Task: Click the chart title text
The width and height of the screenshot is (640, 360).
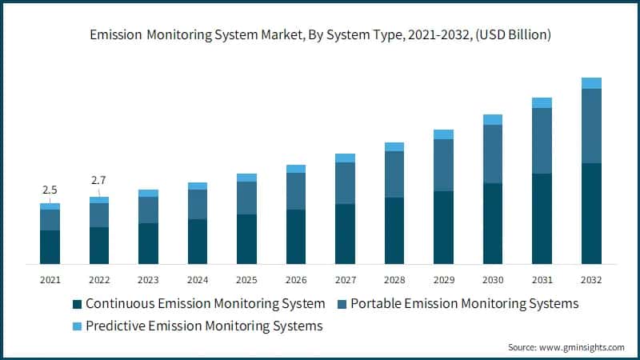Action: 320,35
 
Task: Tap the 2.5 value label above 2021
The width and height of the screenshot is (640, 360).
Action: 50,190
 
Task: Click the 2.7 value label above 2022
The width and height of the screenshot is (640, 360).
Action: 98,180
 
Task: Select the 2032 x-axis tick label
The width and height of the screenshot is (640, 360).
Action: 591,280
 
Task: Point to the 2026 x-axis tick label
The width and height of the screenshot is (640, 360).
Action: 296,280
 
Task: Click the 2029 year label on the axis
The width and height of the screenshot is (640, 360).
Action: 443,280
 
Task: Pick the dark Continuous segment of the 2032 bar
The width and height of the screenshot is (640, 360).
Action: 591,214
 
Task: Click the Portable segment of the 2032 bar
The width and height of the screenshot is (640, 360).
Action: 591,126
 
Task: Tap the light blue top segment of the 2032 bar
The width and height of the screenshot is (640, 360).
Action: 591,83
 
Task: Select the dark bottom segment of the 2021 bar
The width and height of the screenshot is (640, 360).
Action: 50,247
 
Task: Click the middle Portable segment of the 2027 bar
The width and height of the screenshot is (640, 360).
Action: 345,183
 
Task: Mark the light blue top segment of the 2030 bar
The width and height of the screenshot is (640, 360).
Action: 493,120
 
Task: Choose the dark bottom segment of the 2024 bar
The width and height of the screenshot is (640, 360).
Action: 198,242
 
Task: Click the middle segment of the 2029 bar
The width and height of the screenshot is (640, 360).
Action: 443,165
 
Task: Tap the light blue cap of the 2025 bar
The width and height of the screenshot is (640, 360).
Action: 246,178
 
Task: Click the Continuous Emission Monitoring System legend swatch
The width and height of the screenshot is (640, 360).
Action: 77,304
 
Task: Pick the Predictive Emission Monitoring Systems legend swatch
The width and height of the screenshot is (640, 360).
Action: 77,326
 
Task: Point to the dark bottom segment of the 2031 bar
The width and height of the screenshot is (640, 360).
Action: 542,218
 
